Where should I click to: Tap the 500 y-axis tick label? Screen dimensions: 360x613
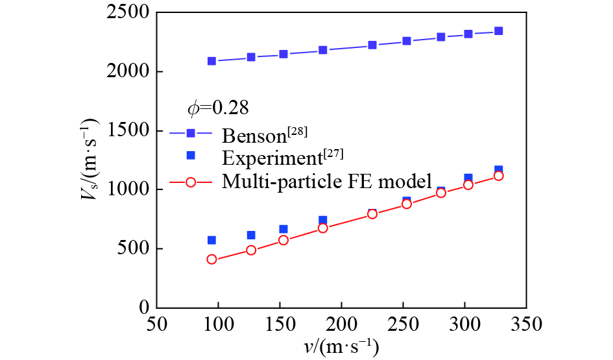[130, 249]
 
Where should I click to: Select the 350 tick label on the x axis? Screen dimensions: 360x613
[526, 322]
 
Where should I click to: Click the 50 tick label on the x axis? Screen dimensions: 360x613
[156, 322]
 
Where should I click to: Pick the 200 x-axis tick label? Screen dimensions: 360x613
[341, 322]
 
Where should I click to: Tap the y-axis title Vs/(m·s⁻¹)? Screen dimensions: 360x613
[91, 160]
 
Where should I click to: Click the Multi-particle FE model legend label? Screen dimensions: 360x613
[327, 182]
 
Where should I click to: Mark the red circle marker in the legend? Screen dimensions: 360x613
[191, 182]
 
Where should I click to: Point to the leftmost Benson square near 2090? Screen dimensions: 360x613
[211, 61]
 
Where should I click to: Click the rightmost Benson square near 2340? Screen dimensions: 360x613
[498, 31]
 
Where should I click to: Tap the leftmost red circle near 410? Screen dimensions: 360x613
[211, 259]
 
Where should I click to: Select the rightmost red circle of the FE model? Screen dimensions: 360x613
[498, 176]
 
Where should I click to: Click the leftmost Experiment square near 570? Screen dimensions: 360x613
[211, 240]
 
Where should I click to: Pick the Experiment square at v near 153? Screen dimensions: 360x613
[283, 229]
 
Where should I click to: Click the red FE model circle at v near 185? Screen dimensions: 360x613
[323, 228]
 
